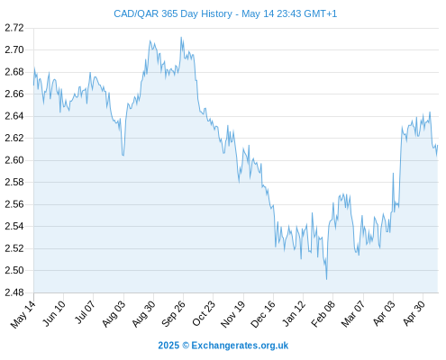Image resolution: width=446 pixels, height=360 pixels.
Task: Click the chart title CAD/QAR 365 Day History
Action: [x=173, y=13]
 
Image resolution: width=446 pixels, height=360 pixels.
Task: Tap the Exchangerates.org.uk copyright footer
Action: [x=223, y=346]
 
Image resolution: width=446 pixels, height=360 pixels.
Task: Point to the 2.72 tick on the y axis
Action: [x=14, y=28]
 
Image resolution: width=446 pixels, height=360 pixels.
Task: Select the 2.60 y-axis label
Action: [x=14, y=160]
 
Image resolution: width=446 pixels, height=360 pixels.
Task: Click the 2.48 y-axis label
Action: [x=14, y=292]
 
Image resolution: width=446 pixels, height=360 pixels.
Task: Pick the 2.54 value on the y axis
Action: [x=14, y=226]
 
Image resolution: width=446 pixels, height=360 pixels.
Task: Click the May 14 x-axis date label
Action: [x=23, y=314]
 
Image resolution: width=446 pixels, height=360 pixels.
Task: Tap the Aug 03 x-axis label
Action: [x=114, y=314]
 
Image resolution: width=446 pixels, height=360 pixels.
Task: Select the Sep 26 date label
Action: [x=173, y=314]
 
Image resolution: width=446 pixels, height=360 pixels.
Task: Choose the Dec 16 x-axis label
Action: [x=263, y=314]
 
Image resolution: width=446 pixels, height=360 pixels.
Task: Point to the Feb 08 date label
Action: [x=323, y=314]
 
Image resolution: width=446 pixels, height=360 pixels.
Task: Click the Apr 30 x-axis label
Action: [x=414, y=313]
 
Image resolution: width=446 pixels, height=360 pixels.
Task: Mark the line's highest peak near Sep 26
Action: [x=181, y=37]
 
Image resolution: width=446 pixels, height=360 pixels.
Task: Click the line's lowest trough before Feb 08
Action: [x=326, y=279]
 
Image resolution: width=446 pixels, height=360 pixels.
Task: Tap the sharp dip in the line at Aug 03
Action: [x=123, y=155]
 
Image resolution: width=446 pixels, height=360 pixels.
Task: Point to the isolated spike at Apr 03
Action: [x=393, y=173]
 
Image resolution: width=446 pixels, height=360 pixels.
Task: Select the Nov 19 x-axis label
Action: [x=233, y=314]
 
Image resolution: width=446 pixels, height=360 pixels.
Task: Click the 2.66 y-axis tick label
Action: [x=14, y=94]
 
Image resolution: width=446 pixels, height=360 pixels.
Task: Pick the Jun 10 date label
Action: [x=54, y=313]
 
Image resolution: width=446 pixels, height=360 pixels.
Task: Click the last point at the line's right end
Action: [x=438, y=145]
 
